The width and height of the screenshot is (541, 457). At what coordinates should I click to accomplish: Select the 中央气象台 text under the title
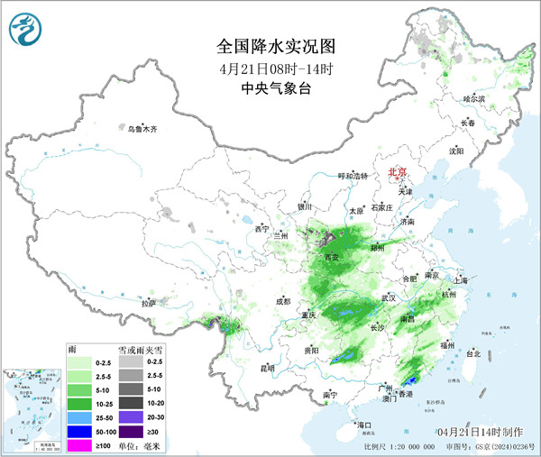270,88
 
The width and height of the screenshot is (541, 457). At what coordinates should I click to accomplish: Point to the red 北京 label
397,171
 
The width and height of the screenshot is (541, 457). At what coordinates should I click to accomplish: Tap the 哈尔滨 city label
473,98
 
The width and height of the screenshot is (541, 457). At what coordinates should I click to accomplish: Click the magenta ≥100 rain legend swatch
79,444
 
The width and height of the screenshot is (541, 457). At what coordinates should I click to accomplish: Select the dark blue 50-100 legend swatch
79,432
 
